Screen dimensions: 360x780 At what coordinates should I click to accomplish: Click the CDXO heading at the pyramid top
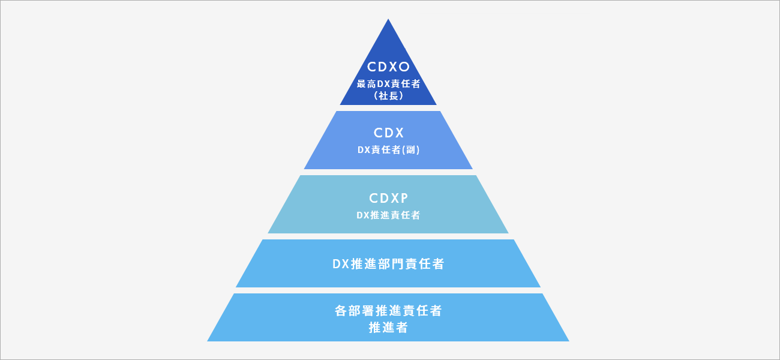pos(388,67)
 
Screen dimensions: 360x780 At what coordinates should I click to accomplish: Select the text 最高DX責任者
pos(388,84)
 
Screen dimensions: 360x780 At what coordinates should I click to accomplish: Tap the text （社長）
pos(388,95)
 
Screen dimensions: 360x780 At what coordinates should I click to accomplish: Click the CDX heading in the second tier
pos(388,133)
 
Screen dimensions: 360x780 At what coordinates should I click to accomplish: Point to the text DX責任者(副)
pos(388,150)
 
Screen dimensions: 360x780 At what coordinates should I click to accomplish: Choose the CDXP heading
pos(388,199)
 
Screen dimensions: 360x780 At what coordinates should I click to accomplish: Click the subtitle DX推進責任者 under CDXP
pos(388,215)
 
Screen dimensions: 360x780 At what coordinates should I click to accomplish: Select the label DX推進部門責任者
pos(388,263)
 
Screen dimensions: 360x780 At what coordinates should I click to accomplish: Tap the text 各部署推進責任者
pos(388,311)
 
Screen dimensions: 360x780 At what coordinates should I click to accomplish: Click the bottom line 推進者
pos(388,328)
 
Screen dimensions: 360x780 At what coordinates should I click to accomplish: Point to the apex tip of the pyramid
pos(388,20)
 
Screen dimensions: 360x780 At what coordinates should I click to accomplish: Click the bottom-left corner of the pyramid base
pos(209,340)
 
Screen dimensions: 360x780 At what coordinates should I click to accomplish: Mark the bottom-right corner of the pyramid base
pos(568,340)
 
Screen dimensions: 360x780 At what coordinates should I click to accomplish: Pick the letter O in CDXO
pos(404,67)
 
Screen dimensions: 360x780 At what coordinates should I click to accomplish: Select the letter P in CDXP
pos(404,199)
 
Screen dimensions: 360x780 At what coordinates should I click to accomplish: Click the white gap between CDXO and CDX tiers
pos(388,108)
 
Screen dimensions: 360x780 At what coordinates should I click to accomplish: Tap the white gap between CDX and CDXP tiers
pos(388,172)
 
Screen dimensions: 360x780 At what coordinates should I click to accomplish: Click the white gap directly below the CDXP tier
pos(388,236)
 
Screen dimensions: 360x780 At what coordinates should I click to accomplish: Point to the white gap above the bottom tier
pos(388,290)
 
